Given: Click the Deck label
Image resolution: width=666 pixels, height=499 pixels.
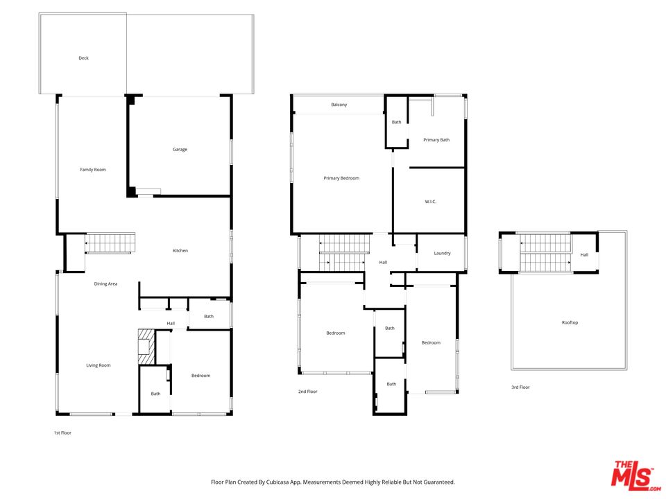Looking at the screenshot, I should point(83,58).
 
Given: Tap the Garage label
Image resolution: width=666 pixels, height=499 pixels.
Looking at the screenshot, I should point(180,150).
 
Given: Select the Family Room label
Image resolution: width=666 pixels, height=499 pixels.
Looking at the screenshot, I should point(93,170).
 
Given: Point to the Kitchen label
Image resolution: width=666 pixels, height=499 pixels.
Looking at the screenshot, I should point(180,251).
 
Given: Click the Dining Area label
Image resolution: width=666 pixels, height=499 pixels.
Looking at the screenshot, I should point(105,284).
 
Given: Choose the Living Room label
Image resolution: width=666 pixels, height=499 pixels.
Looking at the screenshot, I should point(99,365).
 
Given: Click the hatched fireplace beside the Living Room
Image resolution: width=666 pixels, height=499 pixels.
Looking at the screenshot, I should point(146,345).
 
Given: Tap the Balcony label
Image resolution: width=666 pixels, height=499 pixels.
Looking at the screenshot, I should point(339,105).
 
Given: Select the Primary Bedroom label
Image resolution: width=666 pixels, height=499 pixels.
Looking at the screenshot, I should point(341,179).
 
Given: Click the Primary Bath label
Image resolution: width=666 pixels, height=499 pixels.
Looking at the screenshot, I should point(436,140).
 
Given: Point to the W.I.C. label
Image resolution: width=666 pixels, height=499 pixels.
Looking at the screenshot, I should point(430,202).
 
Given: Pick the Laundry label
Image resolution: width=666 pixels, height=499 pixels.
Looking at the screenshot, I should point(442,253).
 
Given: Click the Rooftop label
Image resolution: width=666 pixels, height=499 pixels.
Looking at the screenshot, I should point(570,323).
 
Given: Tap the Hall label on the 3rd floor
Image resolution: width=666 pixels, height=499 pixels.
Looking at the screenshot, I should point(584,255).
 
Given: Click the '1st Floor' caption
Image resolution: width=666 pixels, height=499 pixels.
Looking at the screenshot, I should point(62,433).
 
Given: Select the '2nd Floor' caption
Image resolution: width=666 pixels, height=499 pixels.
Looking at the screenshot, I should point(307,392).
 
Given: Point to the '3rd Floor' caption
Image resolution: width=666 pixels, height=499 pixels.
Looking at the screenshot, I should point(520,387).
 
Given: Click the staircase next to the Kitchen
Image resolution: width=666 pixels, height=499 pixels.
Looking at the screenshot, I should point(110,243).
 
